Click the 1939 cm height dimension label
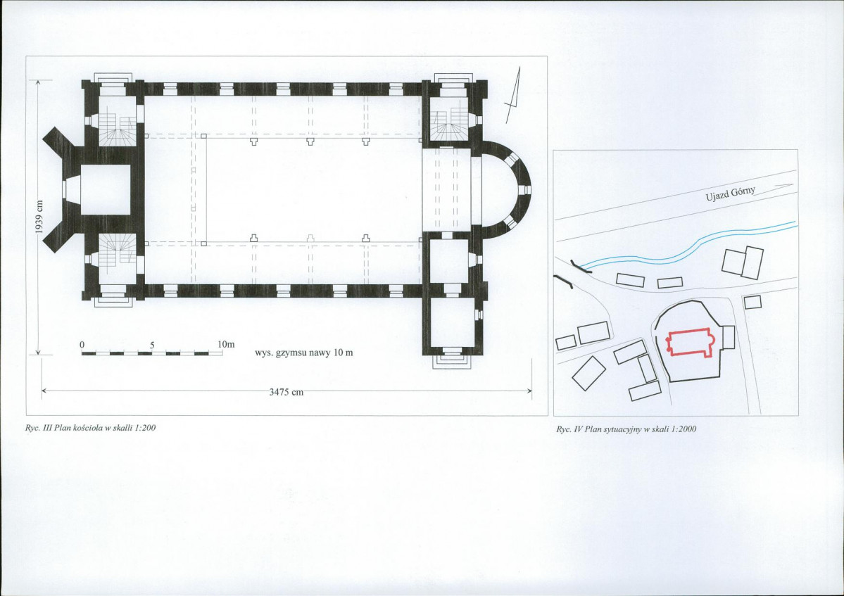(39, 217)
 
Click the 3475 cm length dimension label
(286, 392)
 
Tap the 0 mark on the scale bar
(82, 344)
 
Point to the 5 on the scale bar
(152, 345)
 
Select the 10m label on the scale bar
(226, 343)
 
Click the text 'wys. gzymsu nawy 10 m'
(304, 353)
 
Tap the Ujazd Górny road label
(731, 193)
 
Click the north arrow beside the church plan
(513, 94)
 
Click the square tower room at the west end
(105, 190)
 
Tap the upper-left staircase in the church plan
(116, 129)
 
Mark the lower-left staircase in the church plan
(116, 251)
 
